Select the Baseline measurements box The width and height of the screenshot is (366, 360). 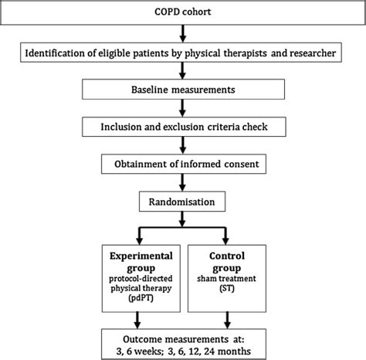(182, 90)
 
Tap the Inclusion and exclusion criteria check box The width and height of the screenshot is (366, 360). (182, 127)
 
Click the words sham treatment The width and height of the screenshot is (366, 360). (226, 275)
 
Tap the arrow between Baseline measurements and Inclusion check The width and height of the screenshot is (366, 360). (182, 108)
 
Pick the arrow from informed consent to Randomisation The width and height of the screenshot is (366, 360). (182, 182)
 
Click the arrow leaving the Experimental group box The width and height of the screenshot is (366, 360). (137, 317)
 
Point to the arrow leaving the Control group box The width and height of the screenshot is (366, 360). (226, 317)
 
